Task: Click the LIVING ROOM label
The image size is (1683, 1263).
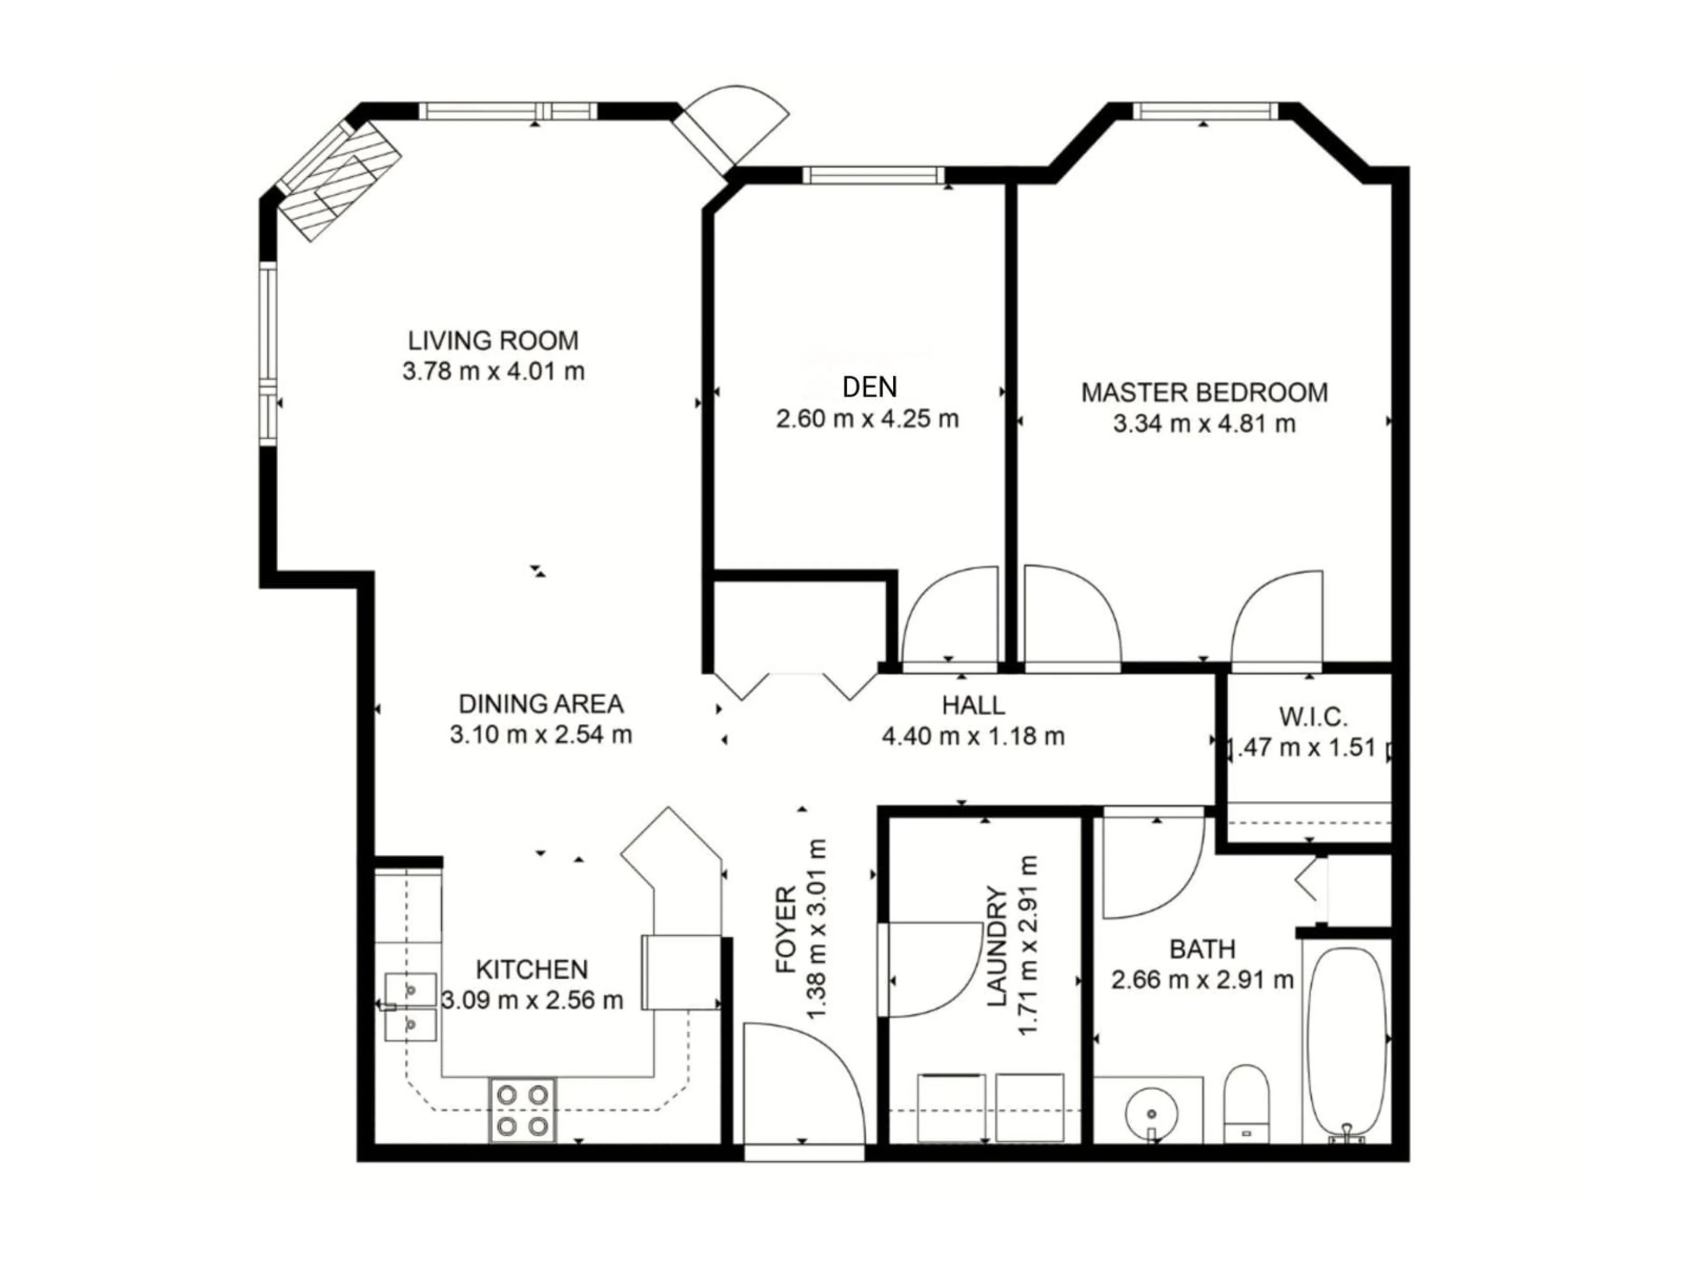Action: click(x=493, y=340)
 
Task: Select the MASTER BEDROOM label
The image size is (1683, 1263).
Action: click(x=1204, y=393)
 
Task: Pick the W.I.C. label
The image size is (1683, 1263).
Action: click(x=1313, y=717)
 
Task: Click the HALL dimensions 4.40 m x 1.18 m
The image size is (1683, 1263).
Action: click(x=973, y=736)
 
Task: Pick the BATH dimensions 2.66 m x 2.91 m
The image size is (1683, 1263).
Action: click(x=1202, y=980)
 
